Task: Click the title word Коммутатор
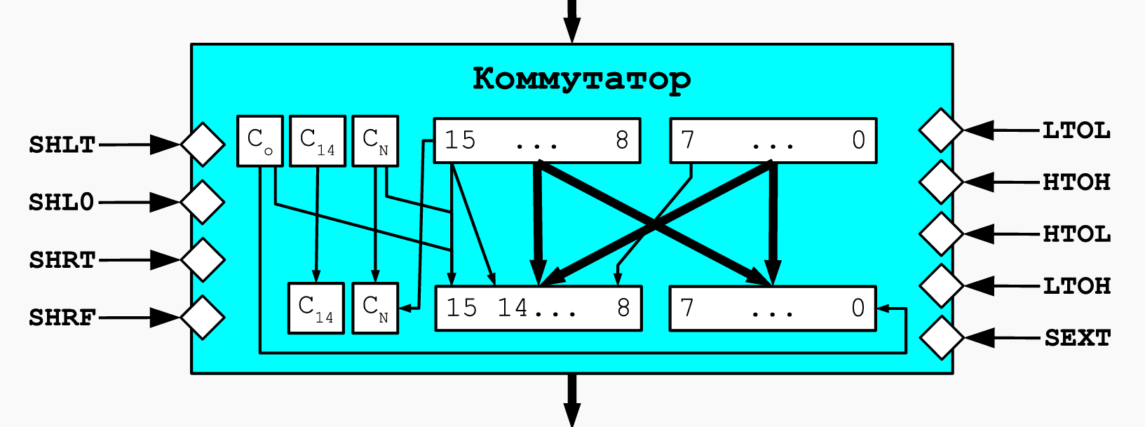click(582, 79)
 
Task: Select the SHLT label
click(62, 145)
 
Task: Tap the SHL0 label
click(61, 203)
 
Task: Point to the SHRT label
click(62, 260)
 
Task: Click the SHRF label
click(62, 318)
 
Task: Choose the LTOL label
click(1076, 131)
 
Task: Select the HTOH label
click(1076, 182)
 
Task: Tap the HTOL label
click(1076, 234)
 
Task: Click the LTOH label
click(1076, 286)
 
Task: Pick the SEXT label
click(1078, 338)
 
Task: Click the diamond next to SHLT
click(203, 144)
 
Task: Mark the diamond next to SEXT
click(942, 338)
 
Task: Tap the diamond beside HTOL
click(942, 234)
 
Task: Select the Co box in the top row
click(259, 141)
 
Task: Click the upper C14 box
click(318, 141)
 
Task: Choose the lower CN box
click(375, 309)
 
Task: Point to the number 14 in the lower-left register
click(513, 308)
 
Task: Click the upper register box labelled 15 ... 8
click(537, 141)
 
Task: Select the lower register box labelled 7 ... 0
click(773, 309)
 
